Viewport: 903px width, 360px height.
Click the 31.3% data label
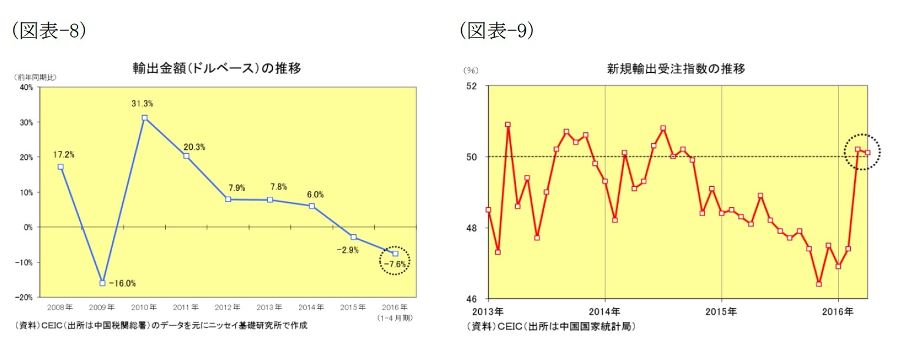point(142,104)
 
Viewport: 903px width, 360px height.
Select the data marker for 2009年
point(103,283)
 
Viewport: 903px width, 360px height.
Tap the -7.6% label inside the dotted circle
point(395,264)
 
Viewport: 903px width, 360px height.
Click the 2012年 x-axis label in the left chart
point(227,307)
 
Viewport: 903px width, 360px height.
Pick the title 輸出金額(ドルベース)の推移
point(217,68)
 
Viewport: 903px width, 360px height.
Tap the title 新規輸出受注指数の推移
point(676,69)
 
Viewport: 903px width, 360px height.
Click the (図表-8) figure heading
point(49,31)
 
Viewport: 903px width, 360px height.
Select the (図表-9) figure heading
point(496,31)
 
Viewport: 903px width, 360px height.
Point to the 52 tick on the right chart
point(472,86)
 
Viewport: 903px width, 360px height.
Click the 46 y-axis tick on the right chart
point(472,298)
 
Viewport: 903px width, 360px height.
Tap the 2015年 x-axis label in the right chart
point(721,311)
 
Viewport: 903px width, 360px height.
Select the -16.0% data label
point(122,283)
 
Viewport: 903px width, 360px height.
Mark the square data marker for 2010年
point(145,117)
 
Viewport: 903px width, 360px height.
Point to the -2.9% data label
point(347,250)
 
